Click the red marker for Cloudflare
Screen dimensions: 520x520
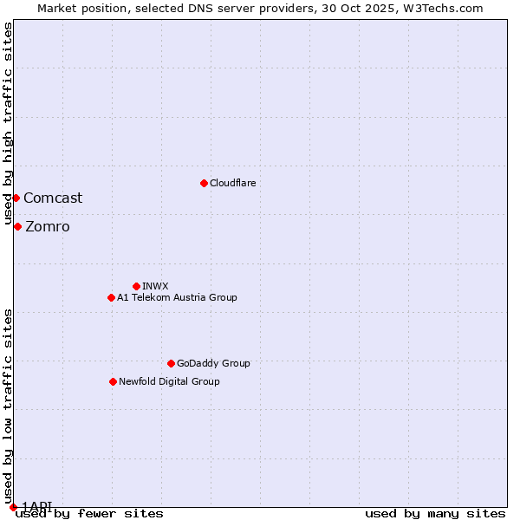[x=204, y=183]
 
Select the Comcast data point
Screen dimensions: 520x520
[x=16, y=198]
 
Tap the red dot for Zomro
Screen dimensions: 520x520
[x=17, y=226]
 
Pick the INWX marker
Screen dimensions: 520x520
[x=136, y=286]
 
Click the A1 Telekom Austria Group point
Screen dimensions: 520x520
[x=111, y=297]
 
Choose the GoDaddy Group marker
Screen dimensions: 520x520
[x=171, y=363]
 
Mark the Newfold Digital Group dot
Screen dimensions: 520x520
[x=113, y=381]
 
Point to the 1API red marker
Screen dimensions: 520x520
[x=13, y=507]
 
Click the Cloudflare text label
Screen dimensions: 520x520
[x=233, y=183]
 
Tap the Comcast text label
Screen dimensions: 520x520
[x=53, y=198]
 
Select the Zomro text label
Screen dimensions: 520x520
[x=48, y=227]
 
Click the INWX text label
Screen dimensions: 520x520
[x=155, y=286]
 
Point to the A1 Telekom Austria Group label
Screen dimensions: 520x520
[x=177, y=297]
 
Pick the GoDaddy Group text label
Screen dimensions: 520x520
[x=213, y=363]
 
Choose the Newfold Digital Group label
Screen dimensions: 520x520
[x=169, y=381]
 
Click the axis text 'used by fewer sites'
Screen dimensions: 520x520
[x=89, y=514]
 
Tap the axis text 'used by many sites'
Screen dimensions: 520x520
[x=435, y=514]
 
